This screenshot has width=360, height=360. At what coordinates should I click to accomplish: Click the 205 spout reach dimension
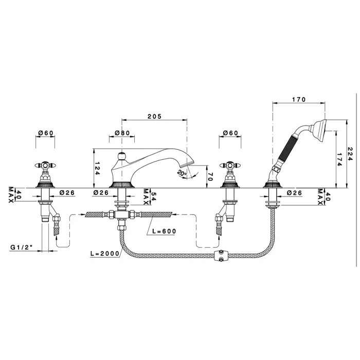[x=154, y=116]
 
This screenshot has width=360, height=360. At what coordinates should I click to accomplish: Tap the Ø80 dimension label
[x=122, y=133]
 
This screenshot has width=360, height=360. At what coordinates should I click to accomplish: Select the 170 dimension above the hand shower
[x=299, y=99]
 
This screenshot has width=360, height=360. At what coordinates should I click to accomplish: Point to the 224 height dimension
[x=350, y=154]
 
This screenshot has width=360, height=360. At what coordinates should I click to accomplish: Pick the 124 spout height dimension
[x=97, y=169]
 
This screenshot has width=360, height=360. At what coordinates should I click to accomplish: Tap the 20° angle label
[x=182, y=173]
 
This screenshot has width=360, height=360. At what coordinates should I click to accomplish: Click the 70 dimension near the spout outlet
[x=210, y=176]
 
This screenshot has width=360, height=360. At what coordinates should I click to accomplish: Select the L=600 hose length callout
[x=164, y=231]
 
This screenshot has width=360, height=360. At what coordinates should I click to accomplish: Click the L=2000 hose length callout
[x=105, y=254]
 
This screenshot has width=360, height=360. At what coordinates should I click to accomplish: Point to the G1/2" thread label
[x=22, y=247]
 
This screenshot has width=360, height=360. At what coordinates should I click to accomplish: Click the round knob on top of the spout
[x=121, y=156]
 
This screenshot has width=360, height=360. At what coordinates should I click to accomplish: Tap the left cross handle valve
[x=45, y=174]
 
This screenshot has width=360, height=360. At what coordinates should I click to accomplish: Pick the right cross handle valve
[x=230, y=174]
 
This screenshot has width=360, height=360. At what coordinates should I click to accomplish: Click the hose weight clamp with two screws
[x=221, y=256]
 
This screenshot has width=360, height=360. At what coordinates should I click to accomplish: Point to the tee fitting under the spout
[x=121, y=214]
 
